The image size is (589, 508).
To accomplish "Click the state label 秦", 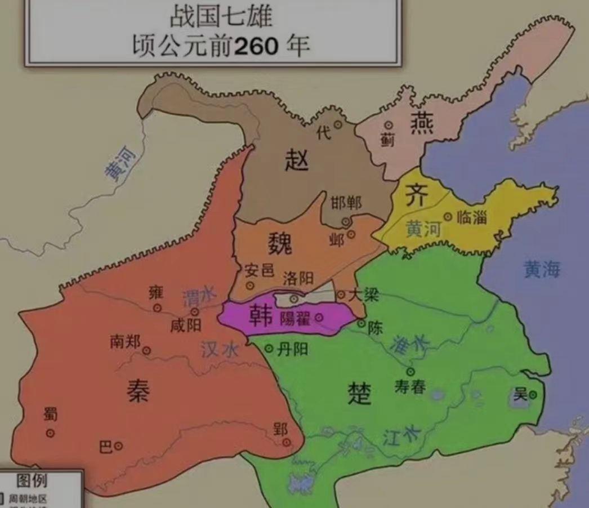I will [138, 390].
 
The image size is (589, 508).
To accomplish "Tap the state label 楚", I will [359, 393].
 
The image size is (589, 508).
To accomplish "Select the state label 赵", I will [297, 161].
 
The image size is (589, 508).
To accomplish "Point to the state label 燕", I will [422, 122].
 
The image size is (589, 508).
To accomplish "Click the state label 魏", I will [280, 244].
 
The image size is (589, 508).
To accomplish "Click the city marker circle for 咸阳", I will [194, 311].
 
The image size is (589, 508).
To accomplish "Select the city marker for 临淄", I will [448, 216].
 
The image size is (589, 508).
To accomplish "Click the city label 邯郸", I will [346, 203].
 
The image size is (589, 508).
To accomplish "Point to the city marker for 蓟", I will [388, 125].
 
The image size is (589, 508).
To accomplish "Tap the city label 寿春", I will [410, 386].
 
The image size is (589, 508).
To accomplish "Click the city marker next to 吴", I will [533, 395].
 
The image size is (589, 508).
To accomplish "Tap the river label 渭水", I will [199, 295].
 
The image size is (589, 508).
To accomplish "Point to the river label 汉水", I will [219, 350].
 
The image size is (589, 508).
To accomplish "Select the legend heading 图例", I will [32, 480].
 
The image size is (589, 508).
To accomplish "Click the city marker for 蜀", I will [50, 433].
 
